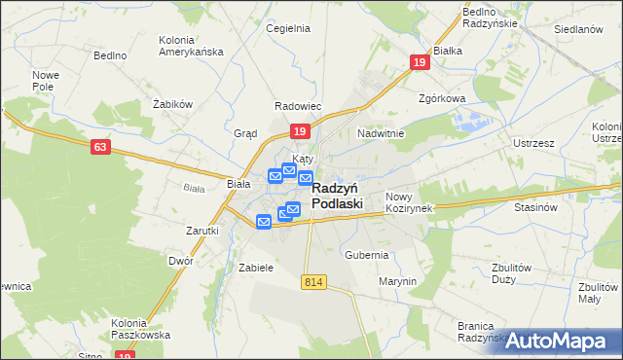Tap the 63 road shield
[x=99, y=147]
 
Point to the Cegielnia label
[x=288, y=28]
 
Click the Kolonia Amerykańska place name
[x=190, y=46]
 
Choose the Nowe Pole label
[x=46, y=81]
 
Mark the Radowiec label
[x=298, y=106]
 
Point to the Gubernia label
[x=366, y=255]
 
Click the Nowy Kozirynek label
[x=407, y=202]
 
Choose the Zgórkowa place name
[x=442, y=98]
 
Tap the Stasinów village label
[x=534, y=207]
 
